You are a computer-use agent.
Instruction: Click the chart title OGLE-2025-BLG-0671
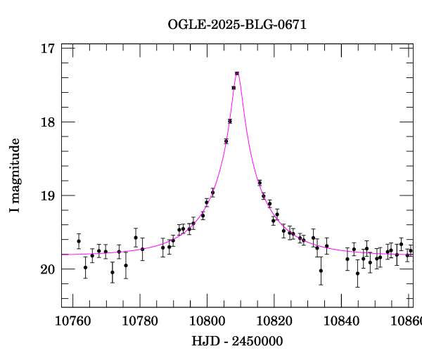(x=237, y=25)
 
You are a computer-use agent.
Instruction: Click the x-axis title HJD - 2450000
(x=237, y=342)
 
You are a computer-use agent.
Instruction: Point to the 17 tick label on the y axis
(x=48, y=49)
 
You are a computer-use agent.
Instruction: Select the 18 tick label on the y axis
(x=48, y=122)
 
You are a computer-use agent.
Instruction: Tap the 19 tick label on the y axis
(x=48, y=196)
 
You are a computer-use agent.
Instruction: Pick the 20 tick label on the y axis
(x=48, y=270)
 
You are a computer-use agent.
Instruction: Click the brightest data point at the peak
(x=237, y=73)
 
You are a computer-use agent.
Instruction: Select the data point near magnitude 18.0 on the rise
(x=230, y=121)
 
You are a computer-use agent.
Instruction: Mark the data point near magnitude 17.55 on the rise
(x=234, y=88)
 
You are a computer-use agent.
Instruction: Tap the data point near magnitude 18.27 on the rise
(x=226, y=141)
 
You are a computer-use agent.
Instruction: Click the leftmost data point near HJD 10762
(x=79, y=241)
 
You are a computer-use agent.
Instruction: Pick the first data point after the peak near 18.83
(x=260, y=183)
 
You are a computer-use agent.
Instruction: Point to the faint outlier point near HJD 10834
(x=321, y=271)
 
